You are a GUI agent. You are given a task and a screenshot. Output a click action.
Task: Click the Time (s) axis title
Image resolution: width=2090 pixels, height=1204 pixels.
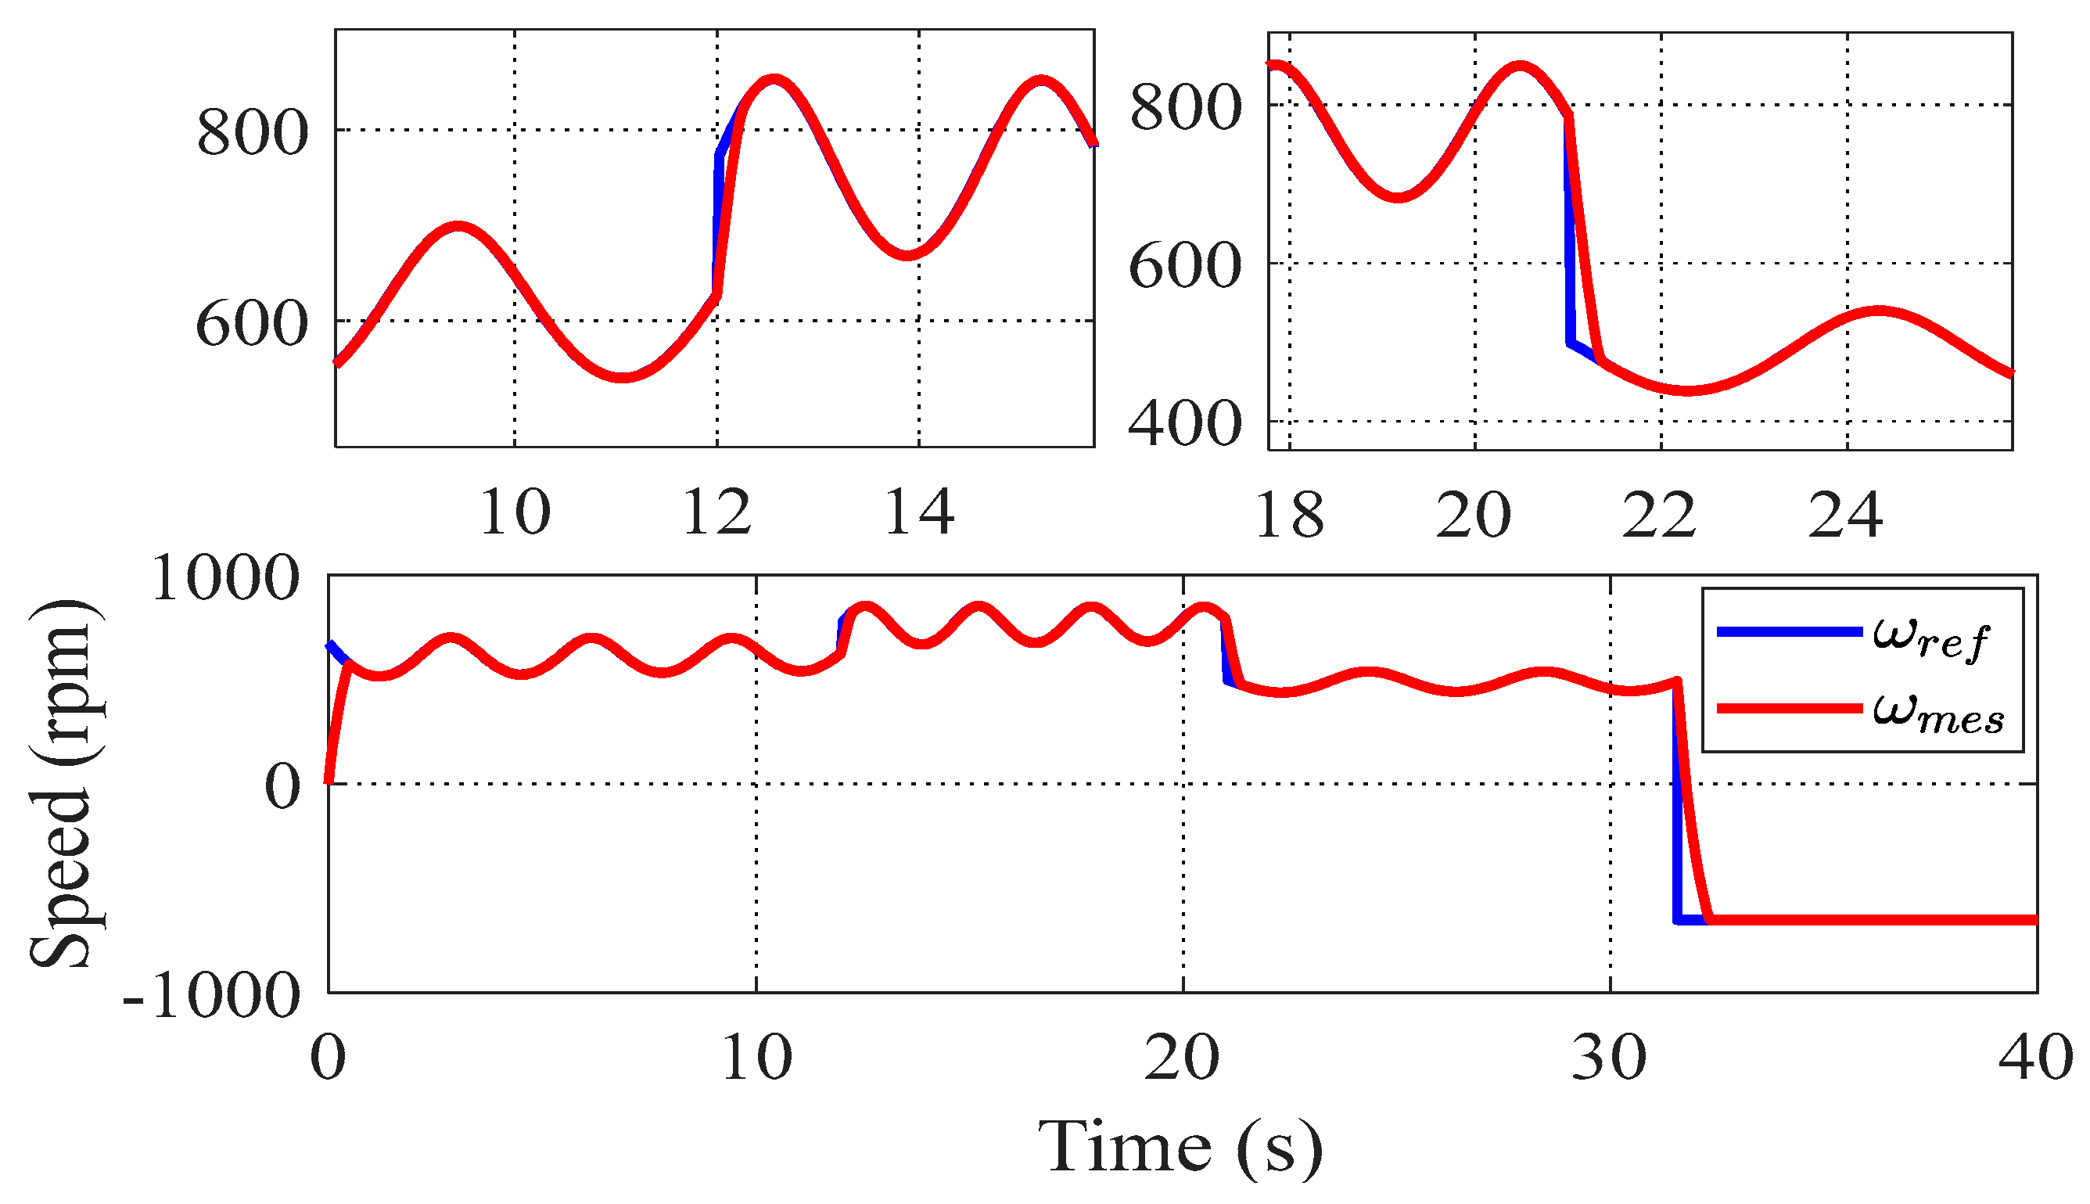click(1180, 1148)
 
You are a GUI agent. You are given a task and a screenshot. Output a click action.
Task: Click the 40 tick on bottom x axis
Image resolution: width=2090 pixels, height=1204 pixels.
click(2034, 1058)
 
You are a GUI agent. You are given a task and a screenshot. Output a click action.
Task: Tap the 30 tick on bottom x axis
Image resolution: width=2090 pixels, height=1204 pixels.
click(1608, 1058)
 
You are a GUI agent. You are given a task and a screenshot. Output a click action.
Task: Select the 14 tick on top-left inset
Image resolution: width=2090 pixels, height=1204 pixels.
click(918, 512)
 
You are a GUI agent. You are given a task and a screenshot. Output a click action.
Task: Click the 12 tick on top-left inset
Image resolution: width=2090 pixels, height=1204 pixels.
click(716, 512)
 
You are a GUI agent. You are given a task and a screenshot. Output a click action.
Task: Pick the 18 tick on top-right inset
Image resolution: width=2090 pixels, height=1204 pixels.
click(1288, 516)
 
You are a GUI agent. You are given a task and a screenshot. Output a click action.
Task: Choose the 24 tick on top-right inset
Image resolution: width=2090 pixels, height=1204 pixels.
click(1844, 516)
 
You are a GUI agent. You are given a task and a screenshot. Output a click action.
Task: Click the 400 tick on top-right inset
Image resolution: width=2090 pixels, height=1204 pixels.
click(1184, 424)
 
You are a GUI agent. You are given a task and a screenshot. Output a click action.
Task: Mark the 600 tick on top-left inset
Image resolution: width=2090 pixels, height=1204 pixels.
click(251, 323)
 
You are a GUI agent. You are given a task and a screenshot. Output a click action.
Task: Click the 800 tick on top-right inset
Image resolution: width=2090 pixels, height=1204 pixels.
click(1185, 107)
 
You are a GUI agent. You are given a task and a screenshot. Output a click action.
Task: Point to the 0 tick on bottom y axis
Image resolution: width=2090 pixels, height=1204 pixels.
click(282, 785)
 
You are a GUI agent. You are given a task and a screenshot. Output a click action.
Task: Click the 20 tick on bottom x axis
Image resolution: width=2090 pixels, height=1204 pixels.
click(1181, 1058)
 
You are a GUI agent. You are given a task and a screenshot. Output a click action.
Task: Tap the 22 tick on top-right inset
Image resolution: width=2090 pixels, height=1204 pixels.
click(1658, 516)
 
